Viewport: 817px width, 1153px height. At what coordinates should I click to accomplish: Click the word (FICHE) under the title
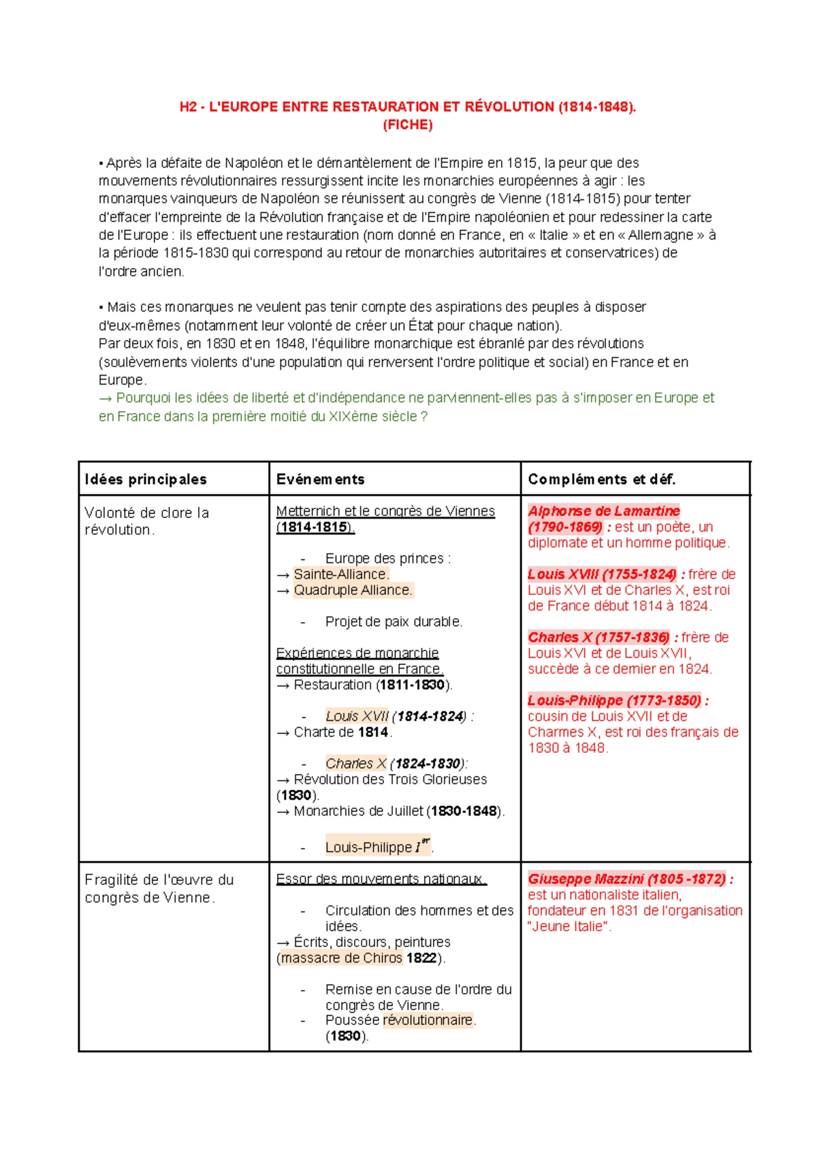pyautogui.click(x=408, y=125)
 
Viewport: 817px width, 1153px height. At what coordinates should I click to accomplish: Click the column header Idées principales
pyautogui.click(x=146, y=479)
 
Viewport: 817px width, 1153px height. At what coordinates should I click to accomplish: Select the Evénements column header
pyautogui.click(x=320, y=479)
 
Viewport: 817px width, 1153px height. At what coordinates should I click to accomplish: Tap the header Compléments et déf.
pyautogui.click(x=601, y=479)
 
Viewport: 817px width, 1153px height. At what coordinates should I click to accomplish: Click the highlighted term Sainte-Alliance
pyautogui.click(x=341, y=574)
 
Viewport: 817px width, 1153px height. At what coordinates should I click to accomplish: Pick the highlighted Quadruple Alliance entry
pyautogui.click(x=353, y=590)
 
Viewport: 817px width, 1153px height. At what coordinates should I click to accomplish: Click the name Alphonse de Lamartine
pyautogui.click(x=603, y=511)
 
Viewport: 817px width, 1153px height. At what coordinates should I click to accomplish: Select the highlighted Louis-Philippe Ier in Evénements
pyautogui.click(x=377, y=847)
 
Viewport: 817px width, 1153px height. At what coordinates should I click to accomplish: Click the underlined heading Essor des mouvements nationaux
pyautogui.click(x=381, y=879)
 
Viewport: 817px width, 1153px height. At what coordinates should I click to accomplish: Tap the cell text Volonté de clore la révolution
pyautogui.click(x=146, y=521)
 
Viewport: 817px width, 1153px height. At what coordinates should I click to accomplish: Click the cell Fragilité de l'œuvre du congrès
pyautogui.click(x=159, y=888)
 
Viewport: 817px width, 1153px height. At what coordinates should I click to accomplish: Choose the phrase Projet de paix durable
pyautogui.click(x=394, y=621)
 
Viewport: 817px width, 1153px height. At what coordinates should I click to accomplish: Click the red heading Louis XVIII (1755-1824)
pyautogui.click(x=602, y=574)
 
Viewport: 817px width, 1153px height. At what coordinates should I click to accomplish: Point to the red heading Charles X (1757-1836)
pyautogui.click(x=598, y=638)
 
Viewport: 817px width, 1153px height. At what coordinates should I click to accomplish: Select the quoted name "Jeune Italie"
pyautogui.click(x=569, y=926)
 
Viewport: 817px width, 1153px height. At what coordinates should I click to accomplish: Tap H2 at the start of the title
pyautogui.click(x=188, y=107)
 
